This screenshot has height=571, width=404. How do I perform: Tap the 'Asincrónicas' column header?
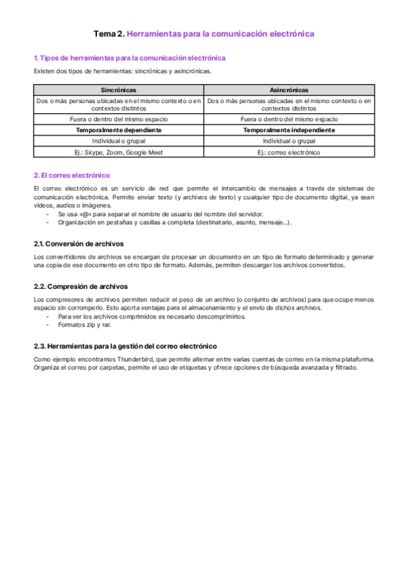pyautogui.click(x=290, y=90)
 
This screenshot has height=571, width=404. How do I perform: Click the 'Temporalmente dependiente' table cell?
pyautogui.click(x=119, y=130)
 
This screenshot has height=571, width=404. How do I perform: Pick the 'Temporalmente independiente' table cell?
pyautogui.click(x=290, y=130)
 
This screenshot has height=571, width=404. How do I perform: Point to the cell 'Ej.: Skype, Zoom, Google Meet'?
pyautogui.click(x=119, y=153)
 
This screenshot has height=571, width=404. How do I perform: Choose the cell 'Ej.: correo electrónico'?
pyautogui.click(x=290, y=153)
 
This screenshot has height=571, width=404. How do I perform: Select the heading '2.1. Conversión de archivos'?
pyautogui.click(x=79, y=244)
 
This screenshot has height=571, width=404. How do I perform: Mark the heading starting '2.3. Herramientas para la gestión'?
pyautogui.click(x=125, y=346)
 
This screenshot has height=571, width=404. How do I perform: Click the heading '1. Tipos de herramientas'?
pyautogui.click(x=129, y=59)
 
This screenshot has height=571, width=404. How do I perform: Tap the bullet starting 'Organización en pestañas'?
pyautogui.click(x=175, y=222)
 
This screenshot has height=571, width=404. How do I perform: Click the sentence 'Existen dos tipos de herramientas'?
pyautogui.click(x=123, y=71)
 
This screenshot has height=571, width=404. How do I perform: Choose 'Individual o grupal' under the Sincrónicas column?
pyautogui.click(x=119, y=141)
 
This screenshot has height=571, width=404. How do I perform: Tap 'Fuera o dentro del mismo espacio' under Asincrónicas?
pyautogui.click(x=290, y=119)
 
